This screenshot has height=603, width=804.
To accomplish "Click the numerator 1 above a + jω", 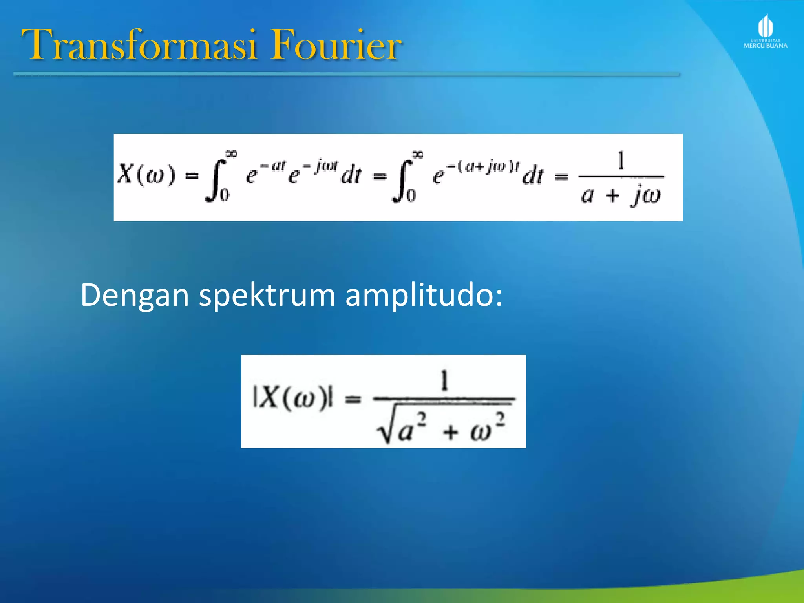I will tap(621, 161).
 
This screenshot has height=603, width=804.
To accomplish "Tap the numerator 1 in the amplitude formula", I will tap(444, 381).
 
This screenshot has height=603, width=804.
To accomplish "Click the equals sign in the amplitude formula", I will tap(353, 400).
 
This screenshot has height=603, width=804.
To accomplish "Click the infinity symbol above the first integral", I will tap(232, 154).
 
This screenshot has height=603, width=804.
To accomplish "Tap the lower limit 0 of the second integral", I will tap(411, 196).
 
